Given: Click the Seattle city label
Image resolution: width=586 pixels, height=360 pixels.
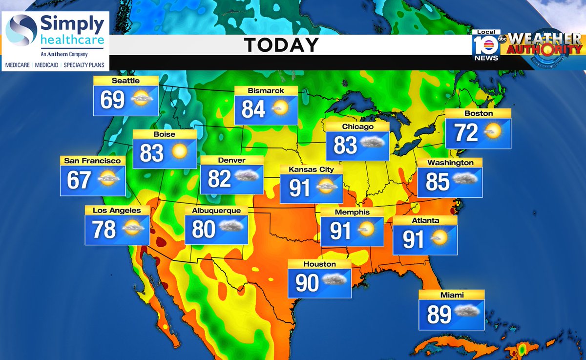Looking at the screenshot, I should (126, 81).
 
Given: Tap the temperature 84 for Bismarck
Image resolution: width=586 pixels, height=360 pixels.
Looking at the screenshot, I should (253, 109).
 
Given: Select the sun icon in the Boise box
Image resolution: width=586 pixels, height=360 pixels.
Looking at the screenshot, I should (180, 152).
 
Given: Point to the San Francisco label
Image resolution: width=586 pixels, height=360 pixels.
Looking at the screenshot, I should (92, 160).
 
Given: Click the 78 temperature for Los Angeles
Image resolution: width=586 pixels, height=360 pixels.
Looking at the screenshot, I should (104, 229).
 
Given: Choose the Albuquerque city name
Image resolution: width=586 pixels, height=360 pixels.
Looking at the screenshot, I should (216, 211).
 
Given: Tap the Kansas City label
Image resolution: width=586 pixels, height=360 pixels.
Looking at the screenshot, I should (311, 169).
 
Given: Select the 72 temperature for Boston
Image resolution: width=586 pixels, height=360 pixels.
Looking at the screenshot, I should (466, 132).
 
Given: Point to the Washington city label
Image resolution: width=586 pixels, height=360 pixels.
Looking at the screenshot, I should (450, 163).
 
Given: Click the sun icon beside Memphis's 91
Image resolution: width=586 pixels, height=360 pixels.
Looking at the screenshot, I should (366, 229).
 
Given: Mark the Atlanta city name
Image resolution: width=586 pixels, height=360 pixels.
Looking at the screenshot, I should (425, 220).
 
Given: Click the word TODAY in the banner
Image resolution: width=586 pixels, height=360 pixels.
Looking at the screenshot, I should (281, 45).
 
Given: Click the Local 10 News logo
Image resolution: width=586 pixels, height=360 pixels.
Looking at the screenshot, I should (486, 45).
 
